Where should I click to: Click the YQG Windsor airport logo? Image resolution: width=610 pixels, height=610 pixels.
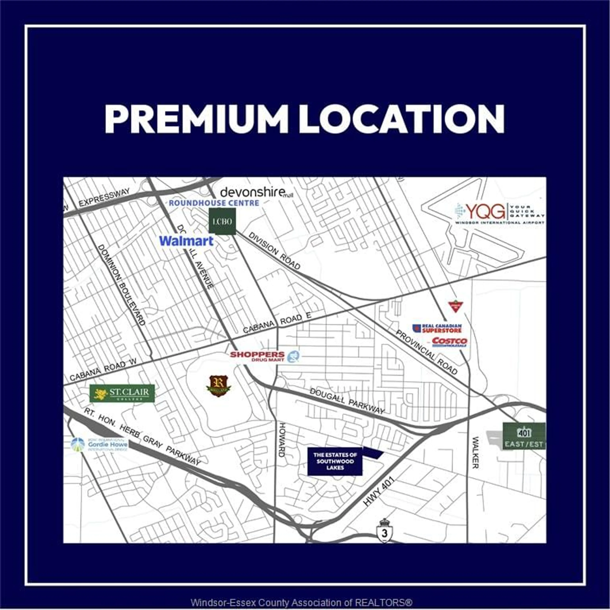click(499, 213)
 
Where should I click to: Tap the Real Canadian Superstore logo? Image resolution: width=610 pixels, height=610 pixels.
click(437, 328)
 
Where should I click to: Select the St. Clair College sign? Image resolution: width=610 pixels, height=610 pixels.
click(122, 393)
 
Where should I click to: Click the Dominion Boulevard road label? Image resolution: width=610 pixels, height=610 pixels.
click(121, 285)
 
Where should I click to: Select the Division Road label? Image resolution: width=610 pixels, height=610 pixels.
click(274, 251)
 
